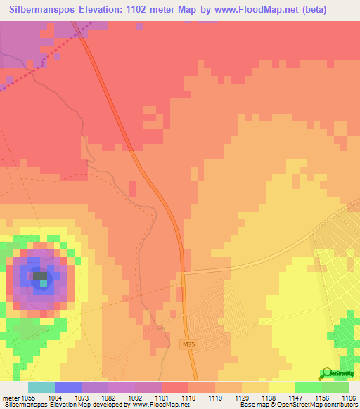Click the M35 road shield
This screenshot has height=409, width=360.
tap(186, 344)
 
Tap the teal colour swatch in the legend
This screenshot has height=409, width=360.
tap(41, 387)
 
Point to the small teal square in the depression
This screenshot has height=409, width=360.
tap(44, 283)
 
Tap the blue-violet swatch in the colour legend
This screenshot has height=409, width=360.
tap(68, 387)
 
